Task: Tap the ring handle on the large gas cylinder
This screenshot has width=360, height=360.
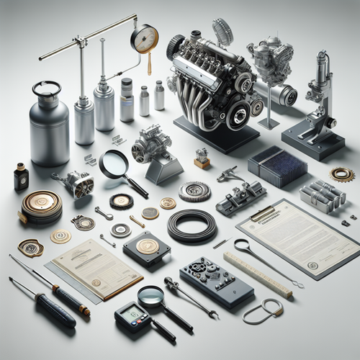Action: [48, 89]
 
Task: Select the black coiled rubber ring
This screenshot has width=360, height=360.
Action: [192, 225]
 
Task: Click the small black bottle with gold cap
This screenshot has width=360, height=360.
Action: [21, 176]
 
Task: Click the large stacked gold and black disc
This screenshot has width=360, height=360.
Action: [41, 207]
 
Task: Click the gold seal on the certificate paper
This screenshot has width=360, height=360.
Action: [96, 282]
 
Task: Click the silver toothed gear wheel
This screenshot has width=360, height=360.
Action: [194, 192]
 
